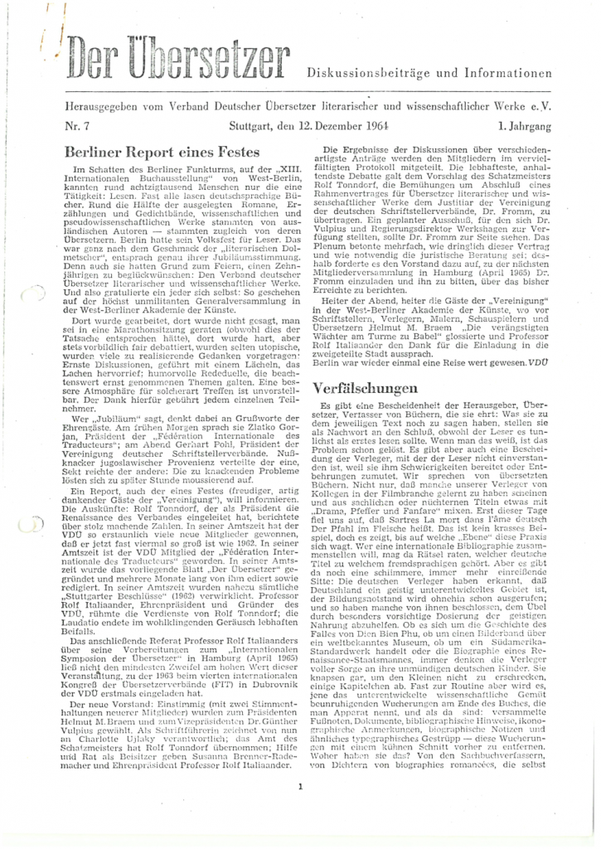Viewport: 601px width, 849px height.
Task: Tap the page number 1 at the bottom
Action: pyautogui.click(x=302, y=790)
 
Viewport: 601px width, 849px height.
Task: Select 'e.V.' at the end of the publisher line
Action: pyautogui.click(x=541, y=108)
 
